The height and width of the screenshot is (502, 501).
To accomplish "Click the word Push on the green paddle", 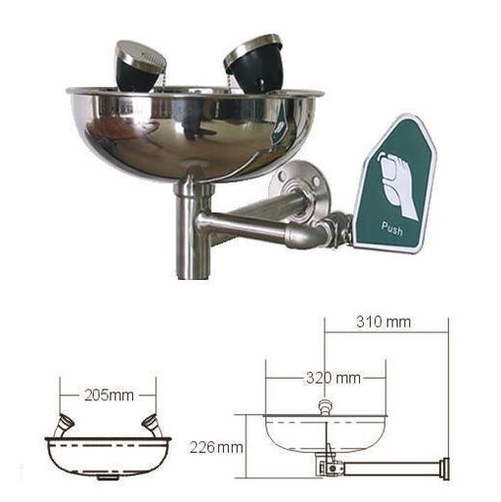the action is (392, 228).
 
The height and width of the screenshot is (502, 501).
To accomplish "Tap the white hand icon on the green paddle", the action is (396, 184).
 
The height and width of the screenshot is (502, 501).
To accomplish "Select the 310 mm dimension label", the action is (384, 322).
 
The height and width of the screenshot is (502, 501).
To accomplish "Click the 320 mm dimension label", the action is (334, 379).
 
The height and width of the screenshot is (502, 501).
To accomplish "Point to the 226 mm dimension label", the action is (216, 447).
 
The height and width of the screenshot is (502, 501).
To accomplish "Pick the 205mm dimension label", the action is (109, 395).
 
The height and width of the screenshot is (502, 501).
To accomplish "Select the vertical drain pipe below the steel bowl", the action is (192, 232).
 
